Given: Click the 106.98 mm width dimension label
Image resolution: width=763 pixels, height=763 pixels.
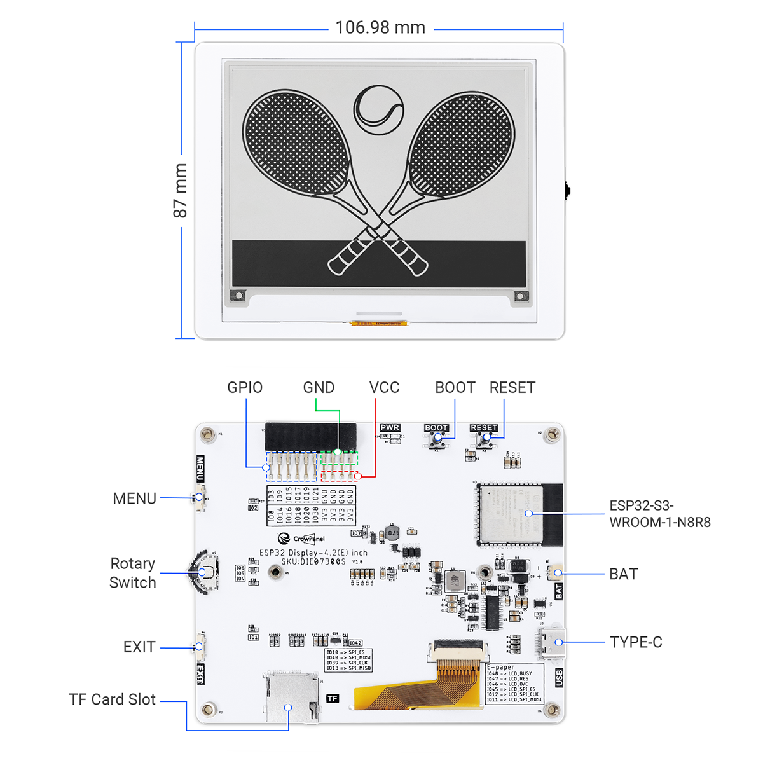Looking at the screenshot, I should [380, 28].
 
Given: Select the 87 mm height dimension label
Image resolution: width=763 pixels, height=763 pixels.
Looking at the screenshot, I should [181, 190].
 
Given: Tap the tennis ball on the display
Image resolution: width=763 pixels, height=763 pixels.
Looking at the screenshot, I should [378, 110].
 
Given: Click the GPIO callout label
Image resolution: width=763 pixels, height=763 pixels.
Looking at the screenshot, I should [245, 388].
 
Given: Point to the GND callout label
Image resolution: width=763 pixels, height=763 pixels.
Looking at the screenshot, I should [319, 388].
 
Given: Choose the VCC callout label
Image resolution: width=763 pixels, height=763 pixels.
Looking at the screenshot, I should [384, 388].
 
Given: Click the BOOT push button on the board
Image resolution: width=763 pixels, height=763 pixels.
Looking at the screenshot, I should [437, 438].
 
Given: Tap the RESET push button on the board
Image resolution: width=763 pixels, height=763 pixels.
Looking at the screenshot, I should [486, 438].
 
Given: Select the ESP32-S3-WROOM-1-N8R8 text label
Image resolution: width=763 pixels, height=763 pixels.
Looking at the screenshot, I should [659, 514].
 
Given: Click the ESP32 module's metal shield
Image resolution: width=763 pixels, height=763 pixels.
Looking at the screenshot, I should [511, 513].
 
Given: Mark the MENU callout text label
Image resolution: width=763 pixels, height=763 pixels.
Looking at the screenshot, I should [134, 498].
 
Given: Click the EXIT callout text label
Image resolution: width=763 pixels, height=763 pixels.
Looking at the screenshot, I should [139, 647].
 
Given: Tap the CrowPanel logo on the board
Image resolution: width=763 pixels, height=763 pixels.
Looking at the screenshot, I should [301, 539].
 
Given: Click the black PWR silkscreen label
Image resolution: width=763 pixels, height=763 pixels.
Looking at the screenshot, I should [390, 428].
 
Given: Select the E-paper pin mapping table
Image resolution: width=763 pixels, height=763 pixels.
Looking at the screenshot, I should [514, 684].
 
